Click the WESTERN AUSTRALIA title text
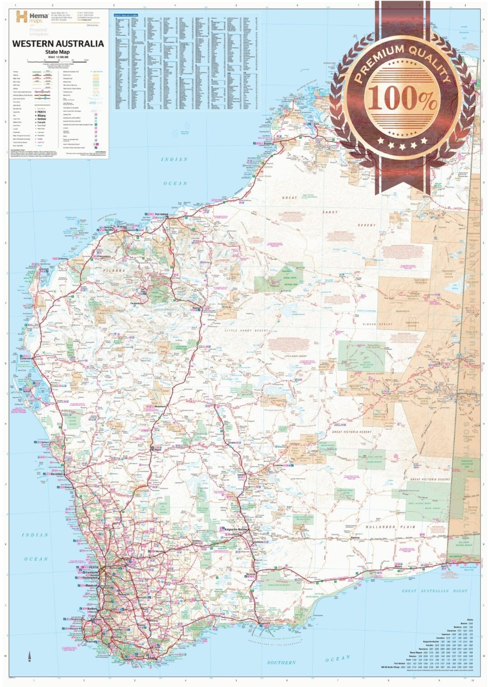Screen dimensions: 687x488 [x=58, y=44]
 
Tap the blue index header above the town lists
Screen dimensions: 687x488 [x=126, y=14]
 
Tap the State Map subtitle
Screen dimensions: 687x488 [x=58, y=52]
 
